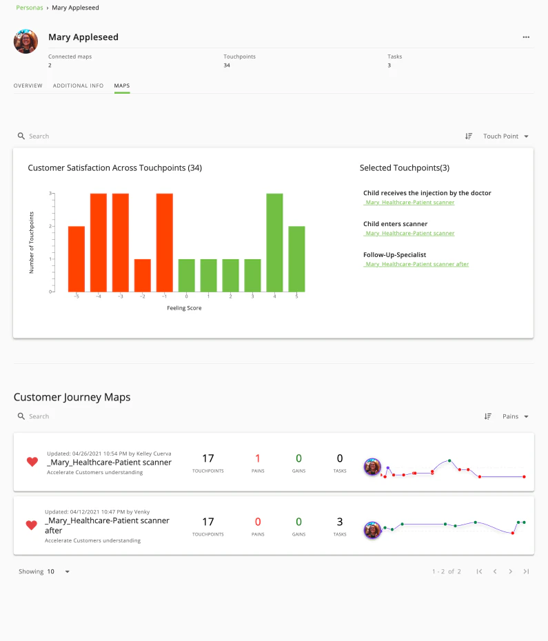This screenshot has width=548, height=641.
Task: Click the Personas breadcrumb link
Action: pos(28,8)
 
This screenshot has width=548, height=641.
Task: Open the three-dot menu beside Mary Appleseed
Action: pos(526,37)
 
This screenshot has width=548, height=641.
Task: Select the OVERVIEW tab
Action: pos(28,85)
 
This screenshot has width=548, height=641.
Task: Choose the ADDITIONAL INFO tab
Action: pos(78,85)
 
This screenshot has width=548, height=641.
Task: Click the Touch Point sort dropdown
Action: pos(505,136)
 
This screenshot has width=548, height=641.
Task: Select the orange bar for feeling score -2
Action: pos(143,275)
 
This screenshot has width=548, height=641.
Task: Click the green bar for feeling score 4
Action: pos(274,243)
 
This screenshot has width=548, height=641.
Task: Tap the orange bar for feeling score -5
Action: pos(77,258)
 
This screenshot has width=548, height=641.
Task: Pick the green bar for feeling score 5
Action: pos(296,258)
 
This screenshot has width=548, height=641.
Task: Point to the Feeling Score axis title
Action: pos(184,308)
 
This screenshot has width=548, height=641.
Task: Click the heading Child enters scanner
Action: pos(395,224)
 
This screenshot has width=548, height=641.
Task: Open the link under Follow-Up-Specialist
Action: pos(416,264)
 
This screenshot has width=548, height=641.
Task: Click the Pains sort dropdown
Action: pos(515,416)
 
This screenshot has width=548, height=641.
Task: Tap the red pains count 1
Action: pos(258,458)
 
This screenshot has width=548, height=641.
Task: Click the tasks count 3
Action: pos(340,522)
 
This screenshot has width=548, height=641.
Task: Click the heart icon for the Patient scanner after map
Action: pos(31,525)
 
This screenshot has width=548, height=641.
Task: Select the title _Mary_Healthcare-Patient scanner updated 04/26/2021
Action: pos(109,462)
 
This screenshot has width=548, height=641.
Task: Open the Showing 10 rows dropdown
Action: pos(59,571)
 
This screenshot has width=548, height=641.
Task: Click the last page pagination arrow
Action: pos(526,571)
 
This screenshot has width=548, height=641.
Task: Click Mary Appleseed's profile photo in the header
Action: pos(26,41)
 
